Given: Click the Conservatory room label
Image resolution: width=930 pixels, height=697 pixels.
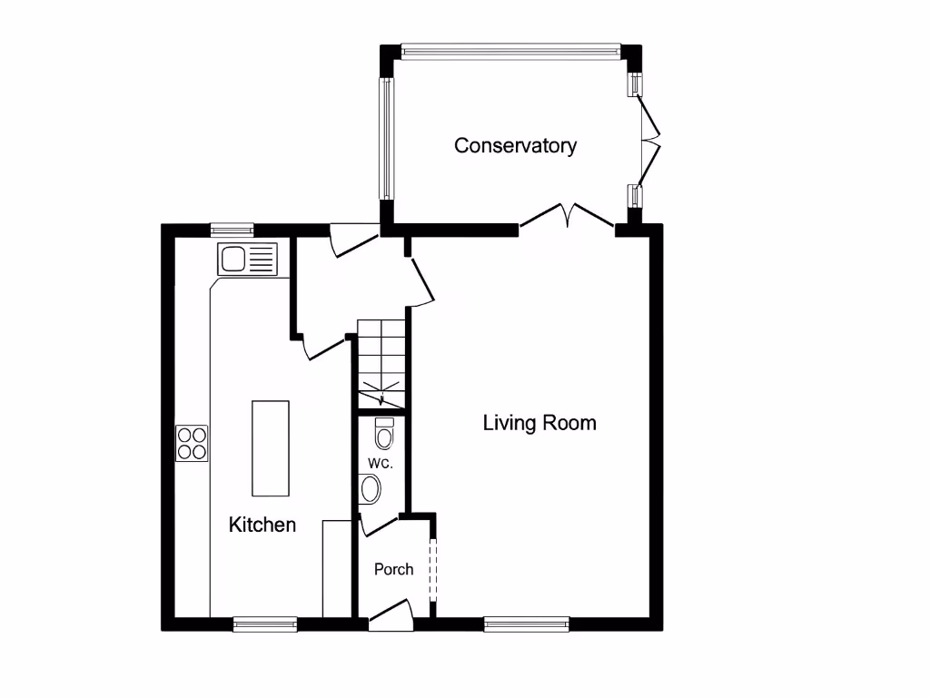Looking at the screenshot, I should click(515, 145).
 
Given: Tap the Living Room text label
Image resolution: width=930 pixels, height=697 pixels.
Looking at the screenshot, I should click(539, 422).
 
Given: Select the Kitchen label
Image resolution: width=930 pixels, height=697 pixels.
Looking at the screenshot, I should click(262, 525).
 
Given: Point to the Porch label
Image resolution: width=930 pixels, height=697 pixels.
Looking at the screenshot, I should click(393, 569).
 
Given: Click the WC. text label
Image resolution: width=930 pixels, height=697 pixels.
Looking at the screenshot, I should click(380, 464).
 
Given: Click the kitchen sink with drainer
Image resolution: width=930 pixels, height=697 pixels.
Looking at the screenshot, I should click(246, 260).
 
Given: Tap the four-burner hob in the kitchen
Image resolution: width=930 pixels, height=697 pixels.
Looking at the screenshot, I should click(192, 443).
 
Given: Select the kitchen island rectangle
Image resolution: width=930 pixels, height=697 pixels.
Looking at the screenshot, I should click(271, 448).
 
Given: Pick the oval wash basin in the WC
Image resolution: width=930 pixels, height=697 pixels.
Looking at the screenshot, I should click(371, 490).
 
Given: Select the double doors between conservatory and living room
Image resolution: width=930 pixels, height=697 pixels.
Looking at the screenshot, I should click(567, 218).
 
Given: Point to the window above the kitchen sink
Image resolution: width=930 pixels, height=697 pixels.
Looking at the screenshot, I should click(232, 229).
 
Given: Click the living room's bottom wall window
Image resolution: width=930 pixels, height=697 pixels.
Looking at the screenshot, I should click(527, 623).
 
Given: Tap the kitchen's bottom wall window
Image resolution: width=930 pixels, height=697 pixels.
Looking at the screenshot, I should click(265, 623).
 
